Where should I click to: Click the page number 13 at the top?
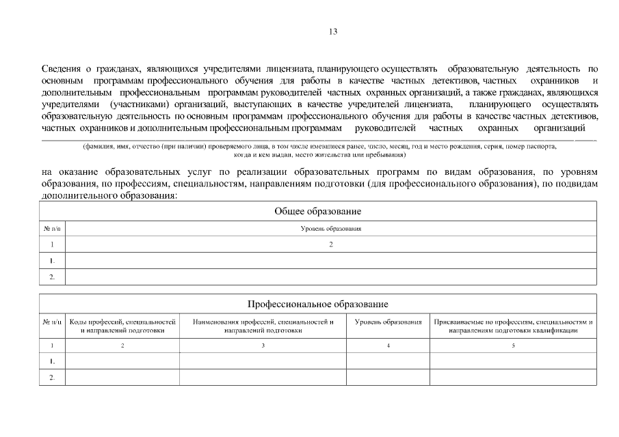tap(333, 31)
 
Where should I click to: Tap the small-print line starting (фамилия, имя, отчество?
tap(319, 147)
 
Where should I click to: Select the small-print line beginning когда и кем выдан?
tap(319, 155)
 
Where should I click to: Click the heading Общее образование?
tap(317, 212)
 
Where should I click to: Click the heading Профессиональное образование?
tap(317, 304)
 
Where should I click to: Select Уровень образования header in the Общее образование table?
tap(330, 229)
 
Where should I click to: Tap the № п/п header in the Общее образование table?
tap(52, 229)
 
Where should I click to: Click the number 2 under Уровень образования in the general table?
tap(330, 244)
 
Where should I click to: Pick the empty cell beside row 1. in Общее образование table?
tap(330, 260)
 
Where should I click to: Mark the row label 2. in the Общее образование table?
tap(52, 277)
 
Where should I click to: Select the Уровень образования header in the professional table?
tap(388, 322)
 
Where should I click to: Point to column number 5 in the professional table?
tap(513, 346)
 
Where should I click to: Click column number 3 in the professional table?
tap(263, 346)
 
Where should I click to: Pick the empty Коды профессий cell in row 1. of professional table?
tap(122, 361)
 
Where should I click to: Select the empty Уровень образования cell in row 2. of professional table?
tap(388, 377)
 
